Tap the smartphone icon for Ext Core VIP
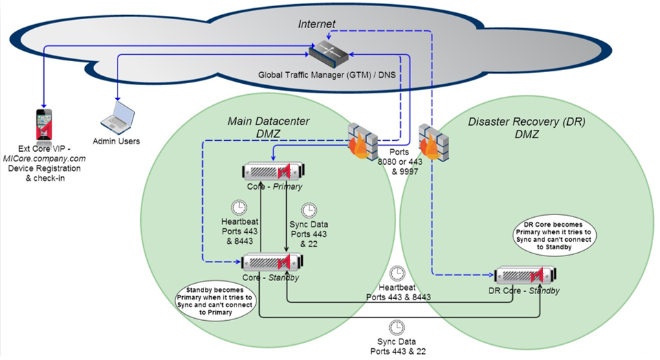(x=44, y=123)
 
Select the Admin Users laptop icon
(x=118, y=117)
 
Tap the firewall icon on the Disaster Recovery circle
(x=433, y=141)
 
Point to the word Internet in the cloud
(x=316, y=24)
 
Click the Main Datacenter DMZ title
(x=268, y=128)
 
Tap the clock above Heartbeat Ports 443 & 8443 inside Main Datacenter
(x=239, y=207)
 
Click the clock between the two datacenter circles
(x=397, y=273)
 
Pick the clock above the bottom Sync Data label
(x=397, y=328)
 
